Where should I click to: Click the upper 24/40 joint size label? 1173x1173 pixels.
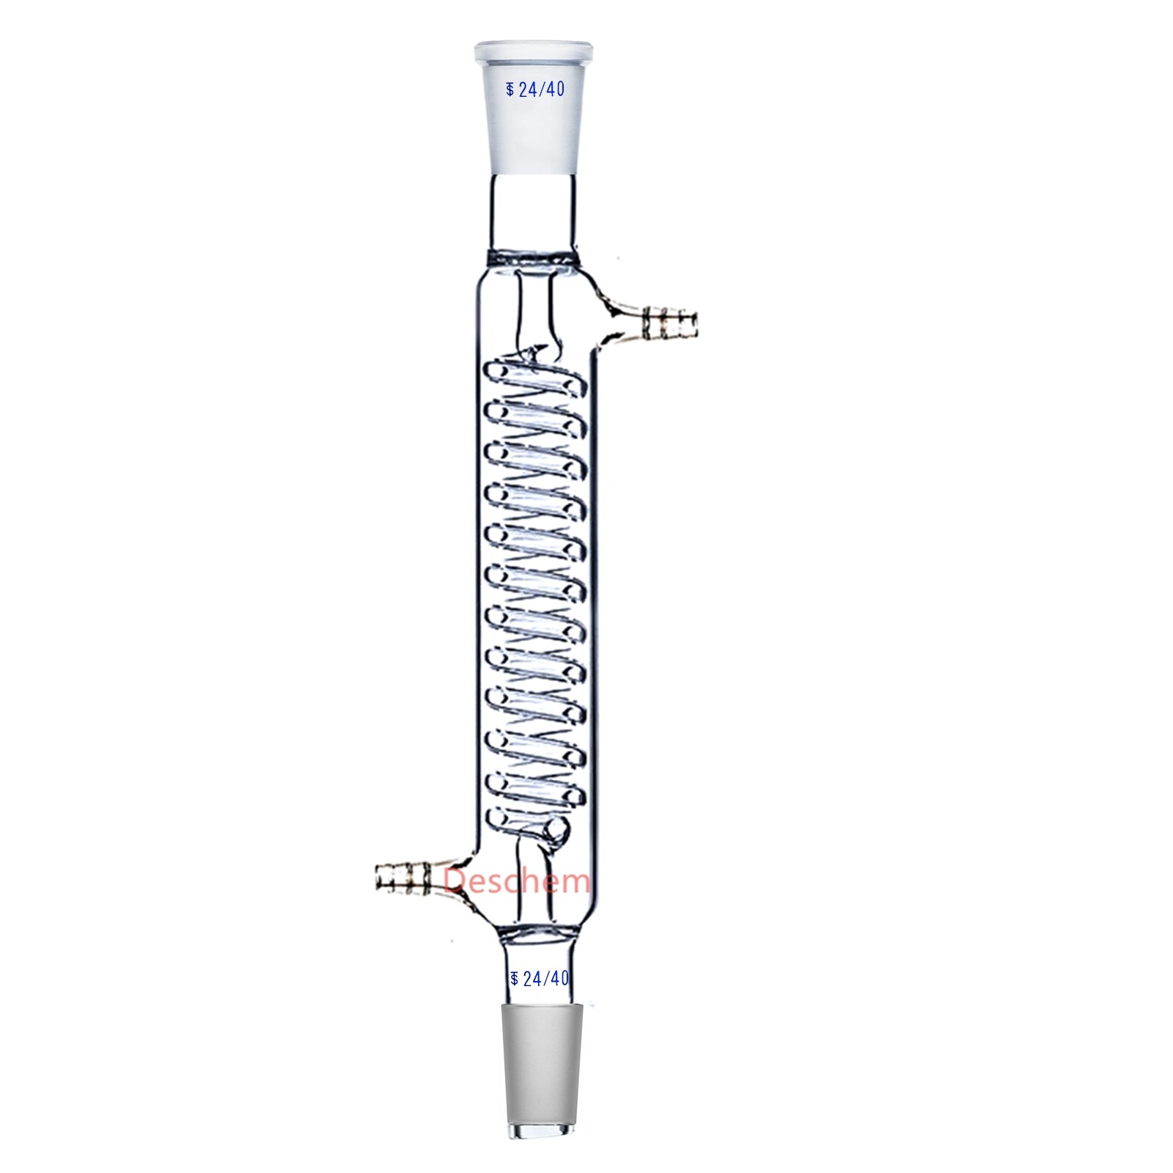click(x=541, y=89)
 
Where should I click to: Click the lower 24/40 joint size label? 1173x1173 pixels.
click(x=545, y=978)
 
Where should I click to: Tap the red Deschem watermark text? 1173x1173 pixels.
click(x=516, y=880)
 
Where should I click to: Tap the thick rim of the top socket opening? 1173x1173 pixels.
click(x=532, y=53)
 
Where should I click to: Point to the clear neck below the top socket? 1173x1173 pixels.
click(x=532, y=213)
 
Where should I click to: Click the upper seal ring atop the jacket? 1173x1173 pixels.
click(x=532, y=258)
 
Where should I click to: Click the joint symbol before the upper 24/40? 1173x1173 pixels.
click(x=510, y=90)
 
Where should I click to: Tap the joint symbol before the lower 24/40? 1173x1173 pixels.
click(x=514, y=978)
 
